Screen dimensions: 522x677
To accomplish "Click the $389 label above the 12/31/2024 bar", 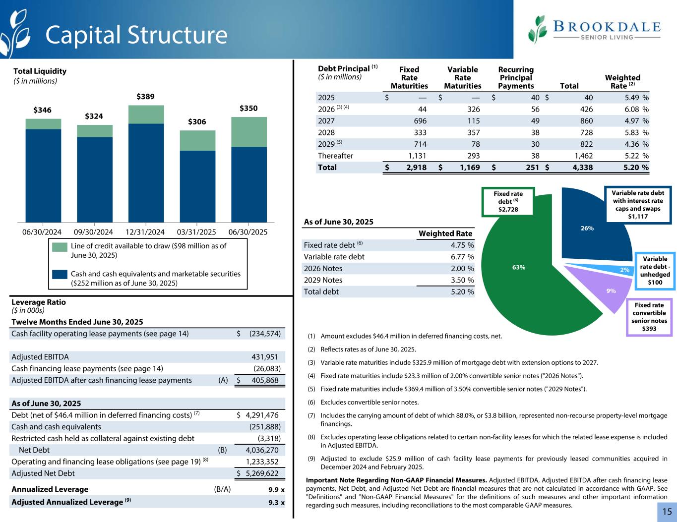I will pos(146,97).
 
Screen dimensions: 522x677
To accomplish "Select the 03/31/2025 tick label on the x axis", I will pos(197,232).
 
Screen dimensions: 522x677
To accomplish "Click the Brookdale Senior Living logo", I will pos(594,30).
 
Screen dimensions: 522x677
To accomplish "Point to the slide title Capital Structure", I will pos(136,35).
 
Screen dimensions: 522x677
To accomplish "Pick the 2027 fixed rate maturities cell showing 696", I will pos(419,121).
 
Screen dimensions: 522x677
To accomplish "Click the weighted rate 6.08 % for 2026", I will pos(633,110).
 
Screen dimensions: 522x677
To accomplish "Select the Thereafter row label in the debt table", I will pos(335,156).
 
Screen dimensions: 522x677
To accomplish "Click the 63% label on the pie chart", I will pos(519,267).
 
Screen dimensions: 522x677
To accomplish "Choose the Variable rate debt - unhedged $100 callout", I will pos(655,271).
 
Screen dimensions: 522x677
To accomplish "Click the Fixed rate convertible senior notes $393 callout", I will pos(650,317).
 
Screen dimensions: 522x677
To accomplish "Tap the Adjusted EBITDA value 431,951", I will pos(266,357).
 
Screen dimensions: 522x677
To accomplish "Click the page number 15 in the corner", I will pos(667,512).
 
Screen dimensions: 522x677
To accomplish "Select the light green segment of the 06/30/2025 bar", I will pos(248,132).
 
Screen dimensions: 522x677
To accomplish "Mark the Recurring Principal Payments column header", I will pos(516,77).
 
